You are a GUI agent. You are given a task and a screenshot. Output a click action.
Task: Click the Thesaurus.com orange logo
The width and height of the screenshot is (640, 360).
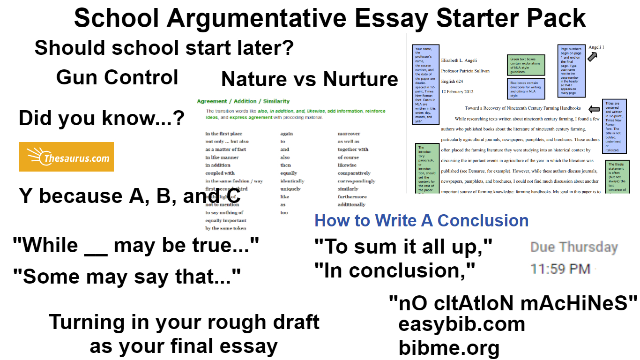coord(66,157)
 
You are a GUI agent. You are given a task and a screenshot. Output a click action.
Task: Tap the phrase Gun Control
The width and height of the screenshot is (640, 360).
coord(117,77)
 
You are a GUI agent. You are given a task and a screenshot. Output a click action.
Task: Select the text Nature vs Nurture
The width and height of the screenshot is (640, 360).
coord(309,79)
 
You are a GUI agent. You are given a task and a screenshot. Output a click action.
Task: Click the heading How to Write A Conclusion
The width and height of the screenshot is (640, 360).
coord(421,220)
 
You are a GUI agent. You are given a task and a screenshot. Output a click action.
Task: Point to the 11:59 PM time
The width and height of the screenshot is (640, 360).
coord(560,269)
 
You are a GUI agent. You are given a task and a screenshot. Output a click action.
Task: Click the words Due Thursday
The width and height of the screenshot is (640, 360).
coord(574,247)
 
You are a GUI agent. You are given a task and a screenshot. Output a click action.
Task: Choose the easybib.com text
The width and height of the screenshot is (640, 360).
coord(461,324)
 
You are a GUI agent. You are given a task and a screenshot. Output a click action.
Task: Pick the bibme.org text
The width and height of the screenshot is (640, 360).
coord(449,348)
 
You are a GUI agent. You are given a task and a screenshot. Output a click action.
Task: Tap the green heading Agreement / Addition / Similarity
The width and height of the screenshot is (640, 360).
coord(243,101)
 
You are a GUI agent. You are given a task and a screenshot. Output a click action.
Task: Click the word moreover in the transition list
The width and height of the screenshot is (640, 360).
coord(349,134)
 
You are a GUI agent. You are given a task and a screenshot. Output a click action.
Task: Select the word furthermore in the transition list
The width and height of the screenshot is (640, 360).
coord(352,197)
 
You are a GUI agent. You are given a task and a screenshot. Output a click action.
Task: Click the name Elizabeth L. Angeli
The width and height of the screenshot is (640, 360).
coord(463,60)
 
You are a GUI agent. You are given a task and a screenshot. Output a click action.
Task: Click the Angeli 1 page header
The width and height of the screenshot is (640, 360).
coord(596,47)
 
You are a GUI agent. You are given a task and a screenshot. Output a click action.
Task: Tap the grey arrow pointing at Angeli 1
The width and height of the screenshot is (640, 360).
coord(592,57)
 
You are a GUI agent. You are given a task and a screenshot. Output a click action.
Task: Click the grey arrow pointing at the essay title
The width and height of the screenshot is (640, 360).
coord(594,109)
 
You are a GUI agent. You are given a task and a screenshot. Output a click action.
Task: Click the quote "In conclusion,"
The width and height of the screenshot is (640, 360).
coord(394,270)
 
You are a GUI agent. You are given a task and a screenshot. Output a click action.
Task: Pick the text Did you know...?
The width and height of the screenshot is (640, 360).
coord(101,119)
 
